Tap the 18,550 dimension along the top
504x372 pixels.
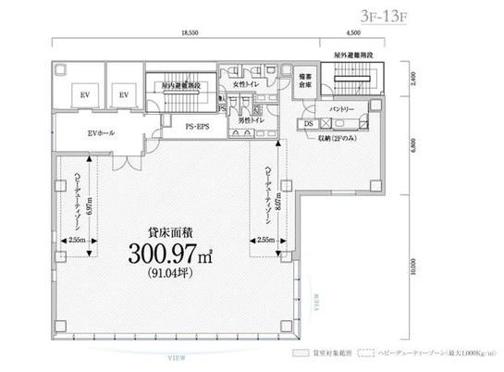tap(191, 31)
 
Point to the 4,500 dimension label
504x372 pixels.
tap(347, 31)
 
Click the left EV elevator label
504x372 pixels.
tap(84, 94)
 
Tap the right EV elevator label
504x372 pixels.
tap(122, 94)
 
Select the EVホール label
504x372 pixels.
tap(101, 134)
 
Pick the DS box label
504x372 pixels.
tap(309, 124)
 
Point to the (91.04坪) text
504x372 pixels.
tap(175, 273)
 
